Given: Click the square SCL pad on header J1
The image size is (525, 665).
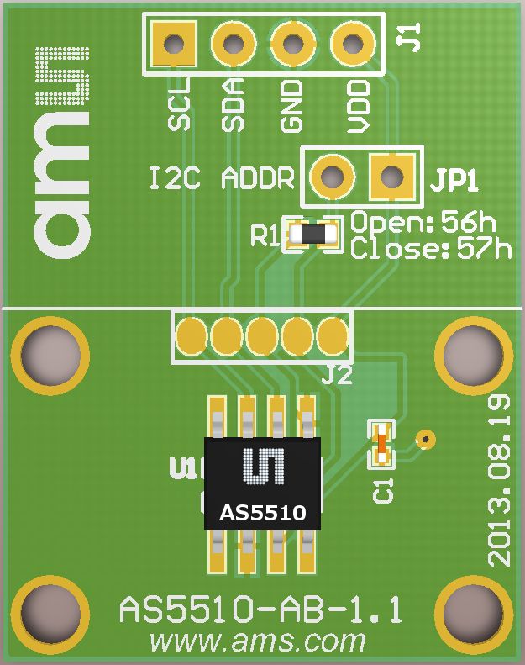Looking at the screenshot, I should [x=174, y=43].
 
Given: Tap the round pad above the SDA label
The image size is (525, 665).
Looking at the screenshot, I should [x=233, y=43].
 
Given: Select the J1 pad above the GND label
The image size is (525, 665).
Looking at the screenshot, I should [x=291, y=43].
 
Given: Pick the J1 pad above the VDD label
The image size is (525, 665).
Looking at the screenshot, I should [x=351, y=43].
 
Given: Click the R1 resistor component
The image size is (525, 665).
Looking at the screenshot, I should [x=313, y=235].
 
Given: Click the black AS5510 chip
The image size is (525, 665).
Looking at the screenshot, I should [x=263, y=483].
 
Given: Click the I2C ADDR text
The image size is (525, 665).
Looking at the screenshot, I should [x=222, y=179].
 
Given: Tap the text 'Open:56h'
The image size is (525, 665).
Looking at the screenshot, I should [x=423, y=224].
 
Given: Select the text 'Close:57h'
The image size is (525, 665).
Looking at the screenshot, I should [x=430, y=249].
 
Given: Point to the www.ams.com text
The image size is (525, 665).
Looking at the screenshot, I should [x=257, y=642].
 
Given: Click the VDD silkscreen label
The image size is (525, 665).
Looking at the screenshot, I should [x=358, y=105].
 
